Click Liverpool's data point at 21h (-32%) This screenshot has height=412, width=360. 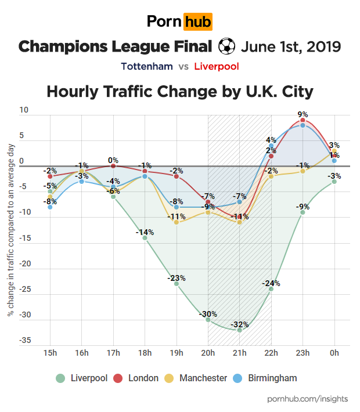pyautogui.click(x=239, y=330)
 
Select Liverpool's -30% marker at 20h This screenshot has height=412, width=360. pyautogui.click(x=208, y=319)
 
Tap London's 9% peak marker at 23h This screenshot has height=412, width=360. pyautogui.click(x=303, y=120)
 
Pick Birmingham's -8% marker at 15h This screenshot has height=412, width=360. pyautogui.click(x=50, y=207)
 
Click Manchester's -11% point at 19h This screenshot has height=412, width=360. pyautogui.click(x=177, y=222)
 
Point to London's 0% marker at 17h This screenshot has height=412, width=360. pyautogui.click(x=113, y=166)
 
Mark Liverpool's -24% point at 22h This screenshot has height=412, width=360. pyautogui.click(x=271, y=288)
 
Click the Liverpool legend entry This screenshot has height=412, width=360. pyautogui.click(x=82, y=378)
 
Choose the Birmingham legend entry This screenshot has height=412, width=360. pyautogui.click(x=266, y=378)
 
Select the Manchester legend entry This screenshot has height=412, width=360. pyautogui.click(x=196, y=378)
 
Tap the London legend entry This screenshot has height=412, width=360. pyautogui.click(x=136, y=378)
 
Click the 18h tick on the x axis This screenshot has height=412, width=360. pyautogui.click(x=145, y=353)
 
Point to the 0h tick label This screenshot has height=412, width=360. pyautogui.click(x=334, y=353)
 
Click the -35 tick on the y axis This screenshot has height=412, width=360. pyautogui.click(x=24, y=341)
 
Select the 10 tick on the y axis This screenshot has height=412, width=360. pyautogui.click(x=24, y=110)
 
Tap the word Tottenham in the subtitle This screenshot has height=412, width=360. pyautogui.click(x=147, y=66)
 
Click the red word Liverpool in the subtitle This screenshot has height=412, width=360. pyautogui.click(x=217, y=66)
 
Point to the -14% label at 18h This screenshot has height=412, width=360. pyautogui.click(x=145, y=232)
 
